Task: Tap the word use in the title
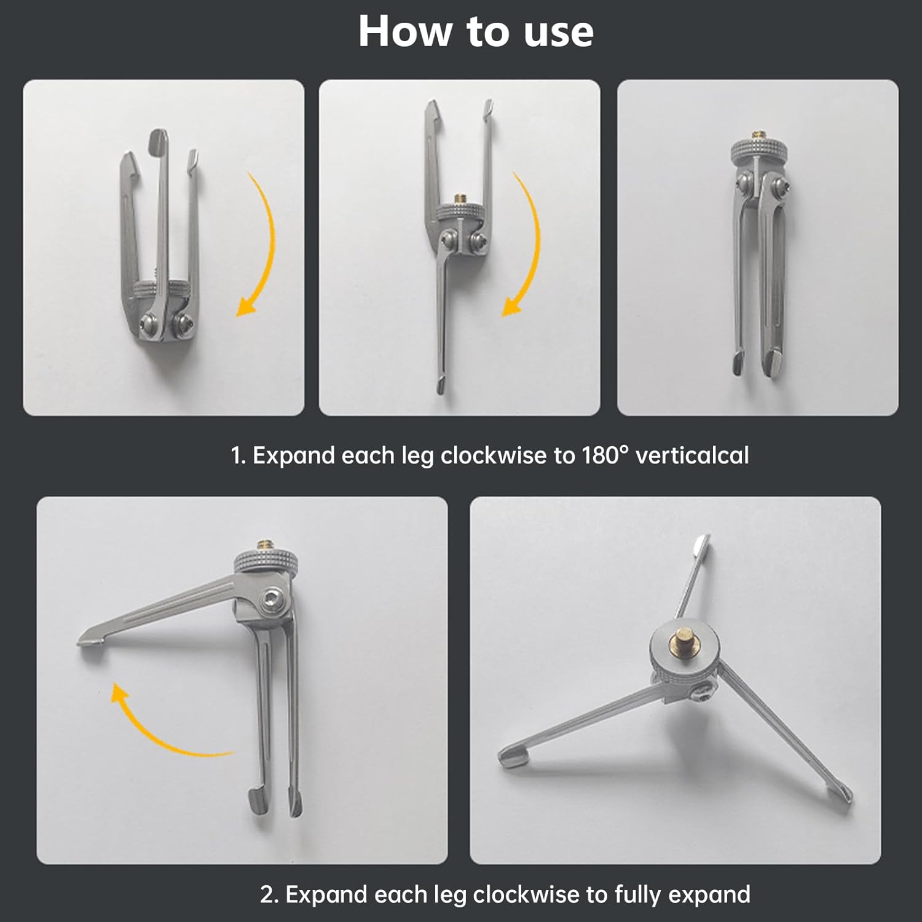point(558,31)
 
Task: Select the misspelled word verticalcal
point(692,455)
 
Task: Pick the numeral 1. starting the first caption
point(238,455)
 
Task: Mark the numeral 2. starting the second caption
point(269,894)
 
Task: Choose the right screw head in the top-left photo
point(183,322)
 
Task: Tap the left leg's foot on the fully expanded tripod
point(511,758)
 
